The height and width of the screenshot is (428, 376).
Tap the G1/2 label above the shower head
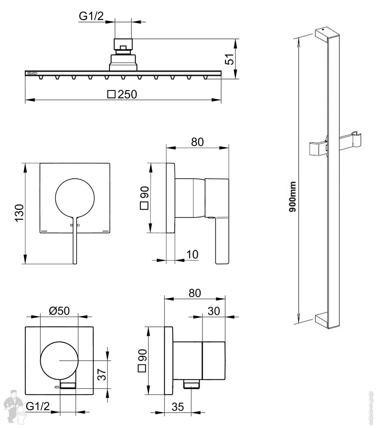[x=91, y=16]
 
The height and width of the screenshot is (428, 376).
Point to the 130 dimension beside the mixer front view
[x=19, y=212]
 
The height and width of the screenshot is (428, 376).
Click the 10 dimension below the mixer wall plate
[x=192, y=254]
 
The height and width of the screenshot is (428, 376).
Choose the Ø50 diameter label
[x=59, y=311]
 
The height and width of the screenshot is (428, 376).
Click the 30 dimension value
[x=213, y=311]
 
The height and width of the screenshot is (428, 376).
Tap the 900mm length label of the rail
[x=293, y=197]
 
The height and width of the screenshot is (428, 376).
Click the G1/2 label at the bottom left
[x=38, y=406]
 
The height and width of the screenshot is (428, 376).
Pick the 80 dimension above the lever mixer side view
[x=197, y=142]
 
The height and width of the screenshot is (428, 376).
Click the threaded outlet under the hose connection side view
[x=192, y=384]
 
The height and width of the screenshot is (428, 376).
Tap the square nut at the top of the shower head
[x=123, y=45]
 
